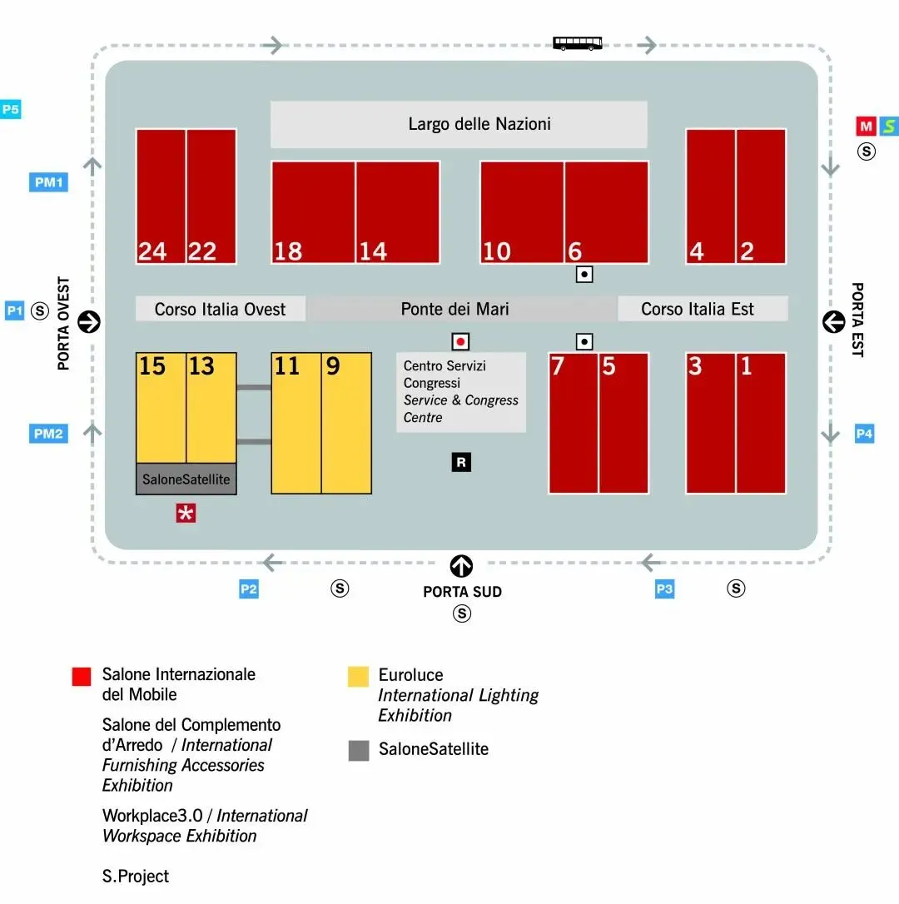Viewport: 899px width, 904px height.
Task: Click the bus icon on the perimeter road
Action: coord(578,43)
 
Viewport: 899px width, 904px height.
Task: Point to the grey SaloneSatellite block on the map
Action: coord(186,479)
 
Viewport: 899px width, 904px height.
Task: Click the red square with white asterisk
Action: coord(186,514)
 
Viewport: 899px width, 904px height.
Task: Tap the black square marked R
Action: coord(461,462)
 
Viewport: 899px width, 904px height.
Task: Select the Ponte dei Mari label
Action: coord(454,309)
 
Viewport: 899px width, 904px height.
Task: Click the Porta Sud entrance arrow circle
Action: coord(461,567)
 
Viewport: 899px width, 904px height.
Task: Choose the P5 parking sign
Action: coord(11,109)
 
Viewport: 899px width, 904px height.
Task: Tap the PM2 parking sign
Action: coord(48,434)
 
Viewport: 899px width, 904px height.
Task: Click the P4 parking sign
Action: coord(865,434)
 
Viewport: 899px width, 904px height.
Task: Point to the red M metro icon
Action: coord(867,127)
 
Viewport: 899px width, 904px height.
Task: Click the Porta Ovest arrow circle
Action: coord(89,321)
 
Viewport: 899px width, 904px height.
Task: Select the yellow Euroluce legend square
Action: coord(358,676)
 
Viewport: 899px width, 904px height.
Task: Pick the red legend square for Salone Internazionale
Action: coord(82,676)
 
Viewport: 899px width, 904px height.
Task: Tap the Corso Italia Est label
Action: coord(698,309)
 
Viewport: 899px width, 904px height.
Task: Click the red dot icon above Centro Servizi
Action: coord(459,341)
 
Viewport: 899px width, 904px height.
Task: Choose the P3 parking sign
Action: coord(664,589)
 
